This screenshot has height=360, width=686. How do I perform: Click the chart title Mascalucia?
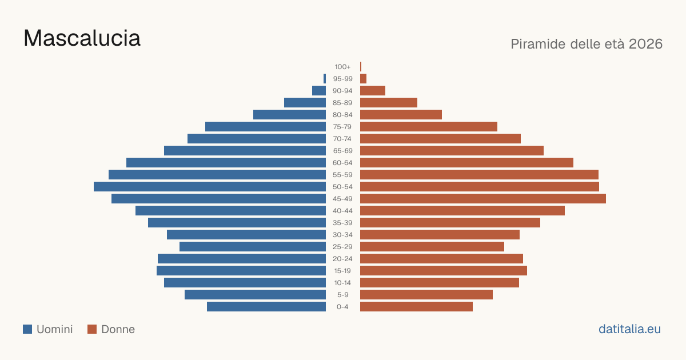(x=82, y=38)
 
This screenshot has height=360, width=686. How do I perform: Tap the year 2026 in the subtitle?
(x=645, y=44)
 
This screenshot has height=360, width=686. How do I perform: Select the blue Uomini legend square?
(x=27, y=329)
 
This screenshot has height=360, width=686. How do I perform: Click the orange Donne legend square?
(x=92, y=329)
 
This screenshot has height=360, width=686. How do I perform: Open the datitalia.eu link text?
(x=629, y=329)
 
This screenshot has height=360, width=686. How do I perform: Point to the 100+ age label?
(x=342, y=67)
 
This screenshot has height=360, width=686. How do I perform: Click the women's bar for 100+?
(x=361, y=66)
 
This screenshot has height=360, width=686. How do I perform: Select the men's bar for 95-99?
(x=325, y=78)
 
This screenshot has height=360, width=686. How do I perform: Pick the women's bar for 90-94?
(x=373, y=91)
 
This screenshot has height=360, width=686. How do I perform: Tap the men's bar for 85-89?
(x=305, y=102)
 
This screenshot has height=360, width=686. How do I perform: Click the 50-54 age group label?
(x=342, y=187)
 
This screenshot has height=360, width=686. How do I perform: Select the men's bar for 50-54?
(x=210, y=187)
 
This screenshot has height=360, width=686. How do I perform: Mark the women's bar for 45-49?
(x=483, y=199)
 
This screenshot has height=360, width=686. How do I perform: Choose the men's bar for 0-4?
(x=266, y=306)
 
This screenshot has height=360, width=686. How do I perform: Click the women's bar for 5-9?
(x=426, y=294)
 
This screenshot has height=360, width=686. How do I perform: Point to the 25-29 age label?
(x=342, y=247)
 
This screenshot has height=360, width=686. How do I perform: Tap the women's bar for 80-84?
(x=401, y=114)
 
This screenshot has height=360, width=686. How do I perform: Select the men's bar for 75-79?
(x=265, y=126)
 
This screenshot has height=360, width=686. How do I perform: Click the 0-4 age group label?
(x=342, y=307)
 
